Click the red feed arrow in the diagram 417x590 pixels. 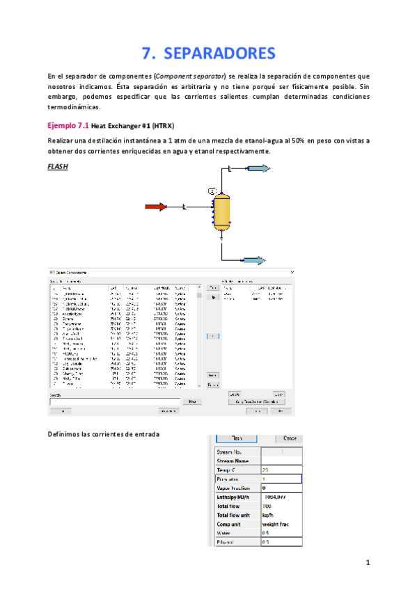click(x=155, y=206)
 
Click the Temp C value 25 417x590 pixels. click(x=265, y=470)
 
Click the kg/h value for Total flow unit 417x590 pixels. click(x=268, y=516)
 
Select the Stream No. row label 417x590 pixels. click(x=230, y=452)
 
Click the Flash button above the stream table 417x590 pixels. click(x=236, y=438)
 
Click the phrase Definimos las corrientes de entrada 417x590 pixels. click(x=104, y=435)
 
